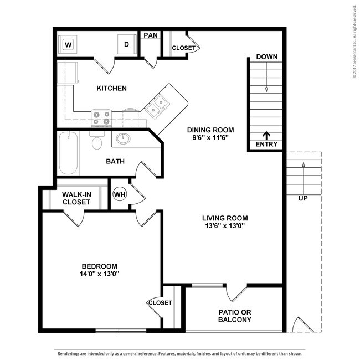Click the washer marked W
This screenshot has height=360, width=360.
click(x=69, y=44)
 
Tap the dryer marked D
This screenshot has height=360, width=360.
click(x=126, y=44)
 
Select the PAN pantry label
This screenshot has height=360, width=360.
click(x=150, y=35)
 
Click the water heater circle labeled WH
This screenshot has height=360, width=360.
click(x=120, y=194)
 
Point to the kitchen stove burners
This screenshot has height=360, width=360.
click(x=101, y=117)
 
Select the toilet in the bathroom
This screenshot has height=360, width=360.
click(x=97, y=142)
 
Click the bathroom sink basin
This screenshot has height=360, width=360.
click(x=123, y=138)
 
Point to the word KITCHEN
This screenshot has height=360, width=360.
click(x=112, y=88)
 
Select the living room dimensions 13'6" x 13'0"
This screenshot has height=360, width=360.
click(x=225, y=225)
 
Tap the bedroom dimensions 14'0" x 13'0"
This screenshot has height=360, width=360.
click(x=100, y=274)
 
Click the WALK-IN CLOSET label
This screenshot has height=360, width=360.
click(x=76, y=198)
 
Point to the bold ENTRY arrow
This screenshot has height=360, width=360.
click(x=266, y=135)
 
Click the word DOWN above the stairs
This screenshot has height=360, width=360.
click(x=266, y=57)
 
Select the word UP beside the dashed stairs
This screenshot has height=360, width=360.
click(x=302, y=198)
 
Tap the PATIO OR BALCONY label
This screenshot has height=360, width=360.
click(x=234, y=316)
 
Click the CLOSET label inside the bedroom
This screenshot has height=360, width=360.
click(x=160, y=303)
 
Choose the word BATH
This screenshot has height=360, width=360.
click(x=115, y=162)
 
